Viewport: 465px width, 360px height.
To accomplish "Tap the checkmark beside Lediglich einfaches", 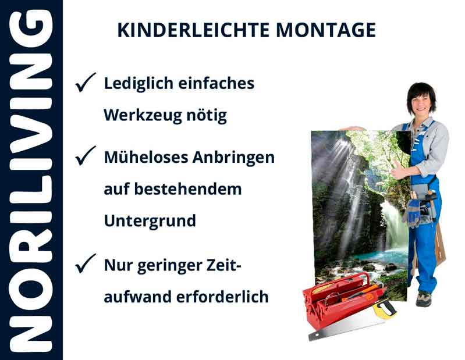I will [86, 84].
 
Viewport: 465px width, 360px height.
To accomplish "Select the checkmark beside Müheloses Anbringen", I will [86, 156].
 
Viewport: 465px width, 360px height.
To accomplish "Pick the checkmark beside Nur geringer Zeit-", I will [86, 265].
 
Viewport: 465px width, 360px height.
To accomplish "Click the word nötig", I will [209, 116].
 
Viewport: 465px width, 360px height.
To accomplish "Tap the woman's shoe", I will [424, 299].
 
